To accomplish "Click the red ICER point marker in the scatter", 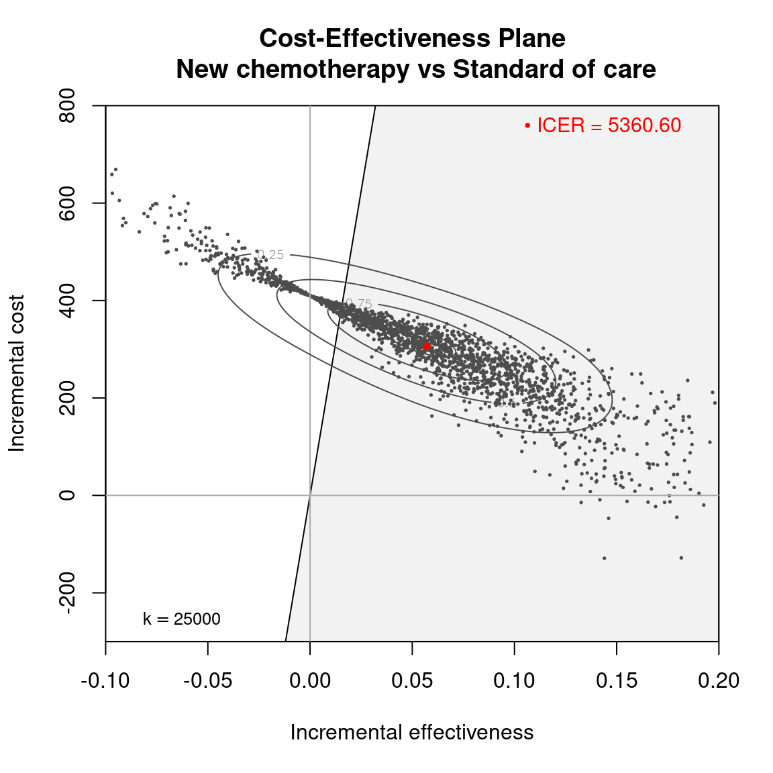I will coord(426,346).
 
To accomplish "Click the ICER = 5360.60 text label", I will coord(609,125).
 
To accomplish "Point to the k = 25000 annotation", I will coord(182,619).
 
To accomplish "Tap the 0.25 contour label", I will coord(271,255).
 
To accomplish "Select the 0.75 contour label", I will coord(359,304).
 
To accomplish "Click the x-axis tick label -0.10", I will coord(105,681).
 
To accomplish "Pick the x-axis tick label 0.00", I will coord(310,681).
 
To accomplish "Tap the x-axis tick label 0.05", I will coord(412,681).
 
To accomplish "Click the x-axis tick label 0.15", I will coord(617,681).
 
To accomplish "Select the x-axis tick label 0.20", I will coord(719,681).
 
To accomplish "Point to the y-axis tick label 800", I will coord(67,106).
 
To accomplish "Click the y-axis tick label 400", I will coord(67,301).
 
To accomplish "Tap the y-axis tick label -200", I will coord(67,593).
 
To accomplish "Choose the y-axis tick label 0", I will coord(67,495).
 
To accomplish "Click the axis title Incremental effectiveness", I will coord(412,733).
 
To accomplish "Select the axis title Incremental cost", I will coord(17,373).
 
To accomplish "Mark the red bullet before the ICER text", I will coord(528,125).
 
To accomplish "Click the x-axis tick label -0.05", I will coord(208,681).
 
